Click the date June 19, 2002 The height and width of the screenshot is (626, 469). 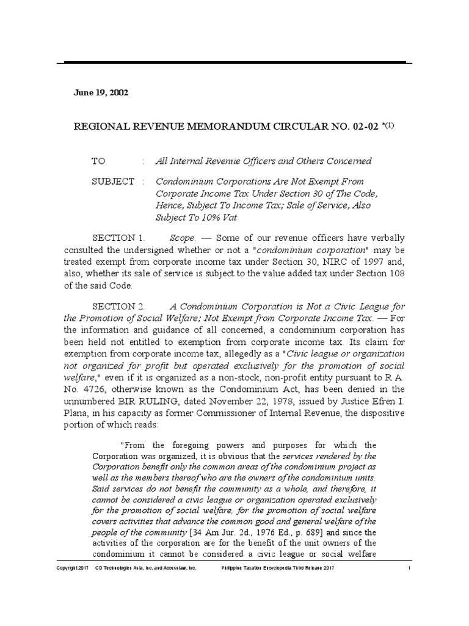click(101, 92)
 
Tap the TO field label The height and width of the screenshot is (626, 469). click(98, 161)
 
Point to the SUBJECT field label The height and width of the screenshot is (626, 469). click(113, 182)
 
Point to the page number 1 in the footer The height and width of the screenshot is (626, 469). click(409, 568)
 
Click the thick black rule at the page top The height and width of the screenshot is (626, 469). click(234, 62)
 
